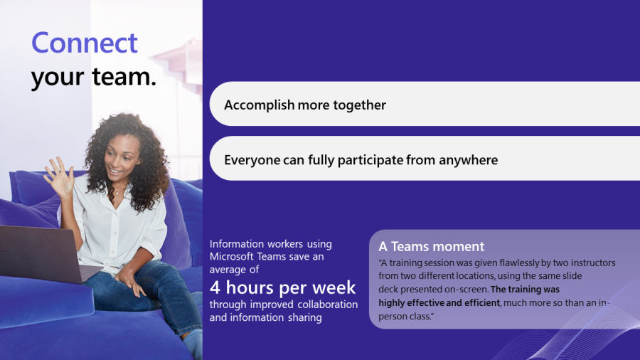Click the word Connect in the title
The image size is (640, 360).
[85, 43]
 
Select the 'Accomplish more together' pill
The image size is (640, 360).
[425, 104]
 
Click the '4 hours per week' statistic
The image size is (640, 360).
[282, 287]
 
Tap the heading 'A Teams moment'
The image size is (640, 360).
[432, 247]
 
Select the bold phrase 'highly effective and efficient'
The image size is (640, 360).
[439, 303]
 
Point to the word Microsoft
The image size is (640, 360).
[231, 256]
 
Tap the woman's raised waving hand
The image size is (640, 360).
[60, 179]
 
